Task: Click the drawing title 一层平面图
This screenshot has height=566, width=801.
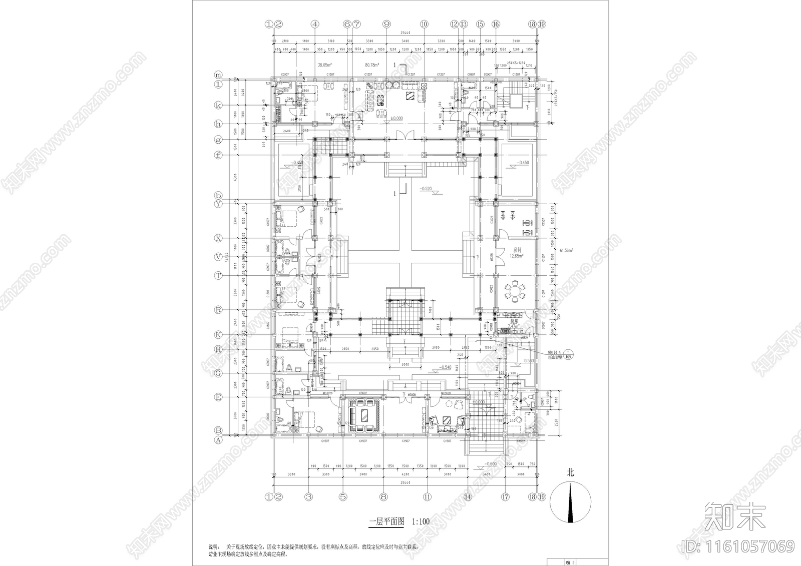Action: (x=387, y=521)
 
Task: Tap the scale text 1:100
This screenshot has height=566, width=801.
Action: (x=421, y=521)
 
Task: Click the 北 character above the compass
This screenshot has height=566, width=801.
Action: (x=570, y=472)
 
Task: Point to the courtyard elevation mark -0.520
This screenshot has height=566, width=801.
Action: (x=427, y=189)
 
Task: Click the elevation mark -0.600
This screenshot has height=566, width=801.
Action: (x=490, y=463)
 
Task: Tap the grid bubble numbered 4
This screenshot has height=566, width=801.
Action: (x=315, y=24)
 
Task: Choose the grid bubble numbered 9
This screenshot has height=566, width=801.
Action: (x=386, y=24)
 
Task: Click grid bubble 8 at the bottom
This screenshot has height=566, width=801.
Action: (x=383, y=497)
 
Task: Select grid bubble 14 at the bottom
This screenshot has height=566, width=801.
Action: (x=467, y=497)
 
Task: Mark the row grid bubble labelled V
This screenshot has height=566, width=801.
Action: (x=218, y=257)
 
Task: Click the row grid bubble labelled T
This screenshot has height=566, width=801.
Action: (x=218, y=275)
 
